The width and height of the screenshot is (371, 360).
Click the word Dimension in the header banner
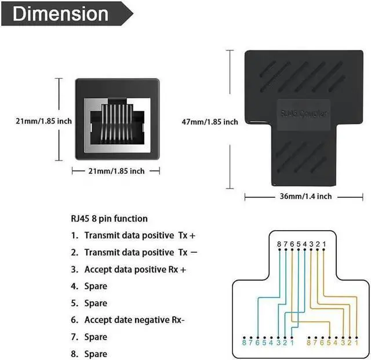click(x=60, y=14)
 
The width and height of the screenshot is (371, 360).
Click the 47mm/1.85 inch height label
click(x=210, y=122)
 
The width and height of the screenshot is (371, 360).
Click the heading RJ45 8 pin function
click(x=109, y=219)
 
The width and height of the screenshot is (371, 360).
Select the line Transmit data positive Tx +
click(x=137, y=235)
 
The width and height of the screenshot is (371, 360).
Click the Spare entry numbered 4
click(x=96, y=286)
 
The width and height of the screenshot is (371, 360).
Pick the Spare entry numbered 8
click(x=96, y=354)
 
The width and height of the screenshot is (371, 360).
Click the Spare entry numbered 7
click(x=96, y=337)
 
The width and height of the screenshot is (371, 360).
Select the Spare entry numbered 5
click(x=96, y=303)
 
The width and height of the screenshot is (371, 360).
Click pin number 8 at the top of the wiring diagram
click(x=279, y=245)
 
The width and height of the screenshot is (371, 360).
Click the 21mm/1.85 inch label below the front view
click(x=116, y=171)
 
